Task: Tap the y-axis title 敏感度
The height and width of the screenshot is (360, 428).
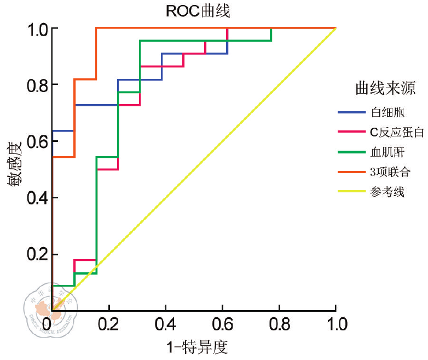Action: point(15,164)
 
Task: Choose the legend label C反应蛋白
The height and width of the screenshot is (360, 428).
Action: point(396,132)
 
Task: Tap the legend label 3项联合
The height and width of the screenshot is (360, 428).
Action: point(390,172)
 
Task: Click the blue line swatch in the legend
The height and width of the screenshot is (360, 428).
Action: point(351,113)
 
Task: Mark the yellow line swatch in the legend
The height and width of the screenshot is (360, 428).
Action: point(351,192)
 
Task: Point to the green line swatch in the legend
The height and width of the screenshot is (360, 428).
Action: point(351,152)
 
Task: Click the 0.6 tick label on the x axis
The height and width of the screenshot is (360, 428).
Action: point(222,324)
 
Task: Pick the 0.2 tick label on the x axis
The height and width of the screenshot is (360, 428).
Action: point(109,324)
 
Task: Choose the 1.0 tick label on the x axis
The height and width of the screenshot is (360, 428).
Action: point(336,324)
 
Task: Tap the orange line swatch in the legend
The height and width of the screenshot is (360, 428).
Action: point(351,172)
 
